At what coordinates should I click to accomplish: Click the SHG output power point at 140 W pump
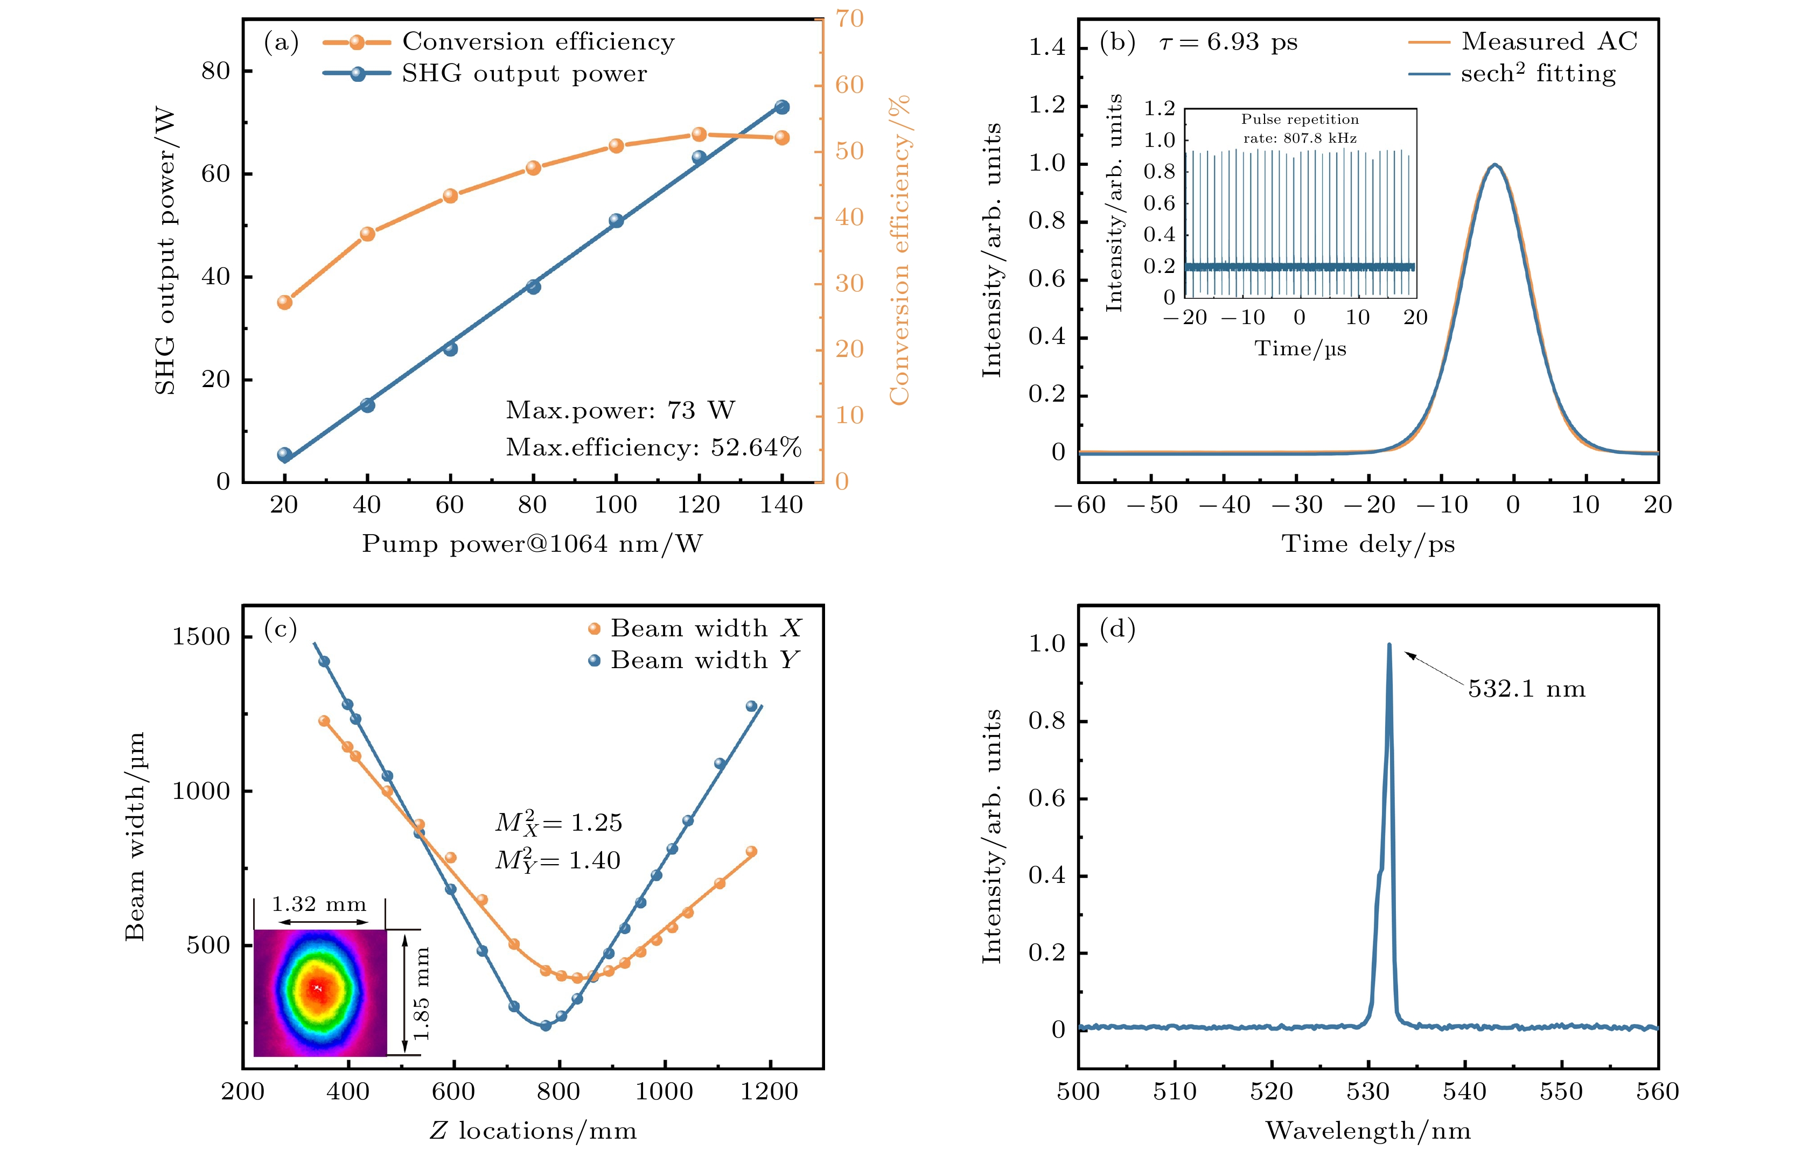782,107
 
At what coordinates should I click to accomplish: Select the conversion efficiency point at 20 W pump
284,302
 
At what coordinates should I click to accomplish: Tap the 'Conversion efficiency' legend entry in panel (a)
537,42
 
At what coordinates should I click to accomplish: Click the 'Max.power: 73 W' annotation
620,410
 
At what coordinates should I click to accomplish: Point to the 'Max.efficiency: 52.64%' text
653,447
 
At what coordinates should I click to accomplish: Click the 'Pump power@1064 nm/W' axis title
532,543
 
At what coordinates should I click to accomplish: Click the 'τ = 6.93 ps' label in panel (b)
1228,42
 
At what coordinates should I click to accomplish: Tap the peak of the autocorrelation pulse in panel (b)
1494,165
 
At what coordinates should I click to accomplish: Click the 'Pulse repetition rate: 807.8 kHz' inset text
1300,128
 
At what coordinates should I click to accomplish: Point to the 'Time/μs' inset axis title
1300,349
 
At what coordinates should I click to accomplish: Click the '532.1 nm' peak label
1527,689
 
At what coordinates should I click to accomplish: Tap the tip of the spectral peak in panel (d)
1389,645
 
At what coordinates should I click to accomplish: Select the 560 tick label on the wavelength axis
1658,1092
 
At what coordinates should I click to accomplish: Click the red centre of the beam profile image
319,988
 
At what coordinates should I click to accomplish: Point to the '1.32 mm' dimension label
319,904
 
